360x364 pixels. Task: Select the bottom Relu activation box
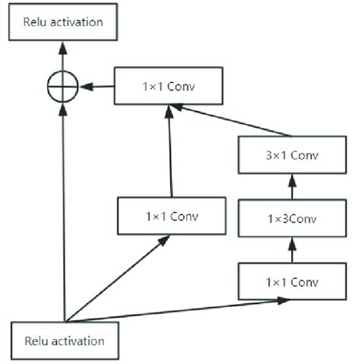pyautogui.click(x=65, y=340)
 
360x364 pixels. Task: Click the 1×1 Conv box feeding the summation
pyautogui.click(x=169, y=86)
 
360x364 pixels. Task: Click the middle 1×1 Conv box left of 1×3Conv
pyautogui.click(x=171, y=216)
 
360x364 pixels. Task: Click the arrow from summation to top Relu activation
pyautogui.click(x=63, y=56)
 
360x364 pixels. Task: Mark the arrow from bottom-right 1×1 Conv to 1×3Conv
pyautogui.click(x=292, y=248)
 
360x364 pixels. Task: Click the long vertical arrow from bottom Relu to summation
pyautogui.click(x=63, y=213)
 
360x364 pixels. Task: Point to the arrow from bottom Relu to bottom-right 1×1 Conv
pyautogui.click(x=175, y=310)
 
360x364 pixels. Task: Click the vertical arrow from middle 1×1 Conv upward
pyautogui.click(x=170, y=152)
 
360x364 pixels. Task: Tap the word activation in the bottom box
pyautogui.click(x=81, y=340)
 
